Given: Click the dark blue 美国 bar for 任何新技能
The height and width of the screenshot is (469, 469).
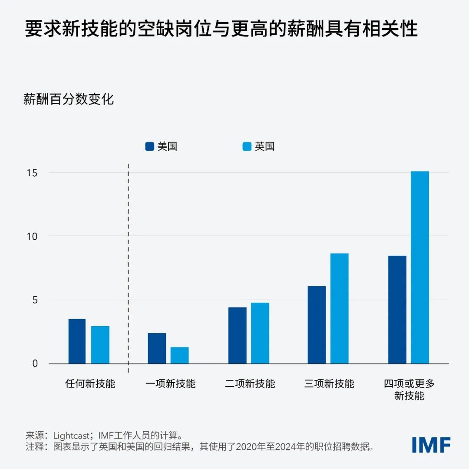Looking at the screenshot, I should [77, 341].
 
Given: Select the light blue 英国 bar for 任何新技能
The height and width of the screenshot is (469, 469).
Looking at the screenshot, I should [100, 345].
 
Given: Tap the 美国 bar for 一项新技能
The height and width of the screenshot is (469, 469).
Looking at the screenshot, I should [157, 348].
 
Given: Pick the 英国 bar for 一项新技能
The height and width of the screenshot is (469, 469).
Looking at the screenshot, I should [179, 355].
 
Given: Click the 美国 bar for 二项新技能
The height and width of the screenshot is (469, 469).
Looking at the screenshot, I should [237, 335].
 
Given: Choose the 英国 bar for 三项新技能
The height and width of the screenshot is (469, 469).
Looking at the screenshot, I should [339, 308].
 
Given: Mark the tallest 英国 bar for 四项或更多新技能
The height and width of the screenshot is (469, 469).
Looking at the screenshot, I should [419, 268].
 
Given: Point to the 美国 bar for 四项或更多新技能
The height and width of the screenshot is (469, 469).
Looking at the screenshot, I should [397, 310].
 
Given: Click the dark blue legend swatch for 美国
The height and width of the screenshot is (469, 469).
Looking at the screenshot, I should [149, 147].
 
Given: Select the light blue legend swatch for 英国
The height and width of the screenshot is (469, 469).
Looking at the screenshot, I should [247, 147].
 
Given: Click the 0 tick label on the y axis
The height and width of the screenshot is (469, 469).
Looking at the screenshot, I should [35, 363].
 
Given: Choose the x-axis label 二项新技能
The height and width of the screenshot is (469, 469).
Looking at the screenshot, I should [250, 384].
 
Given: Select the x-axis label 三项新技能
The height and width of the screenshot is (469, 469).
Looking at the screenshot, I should [329, 384].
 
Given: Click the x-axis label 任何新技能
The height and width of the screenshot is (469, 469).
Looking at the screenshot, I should [90, 384].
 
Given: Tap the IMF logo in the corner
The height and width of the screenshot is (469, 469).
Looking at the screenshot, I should [431, 445].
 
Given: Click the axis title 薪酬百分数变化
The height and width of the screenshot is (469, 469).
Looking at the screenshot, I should [69, 99].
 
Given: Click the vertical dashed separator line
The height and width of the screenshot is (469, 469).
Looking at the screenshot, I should [129, 269].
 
